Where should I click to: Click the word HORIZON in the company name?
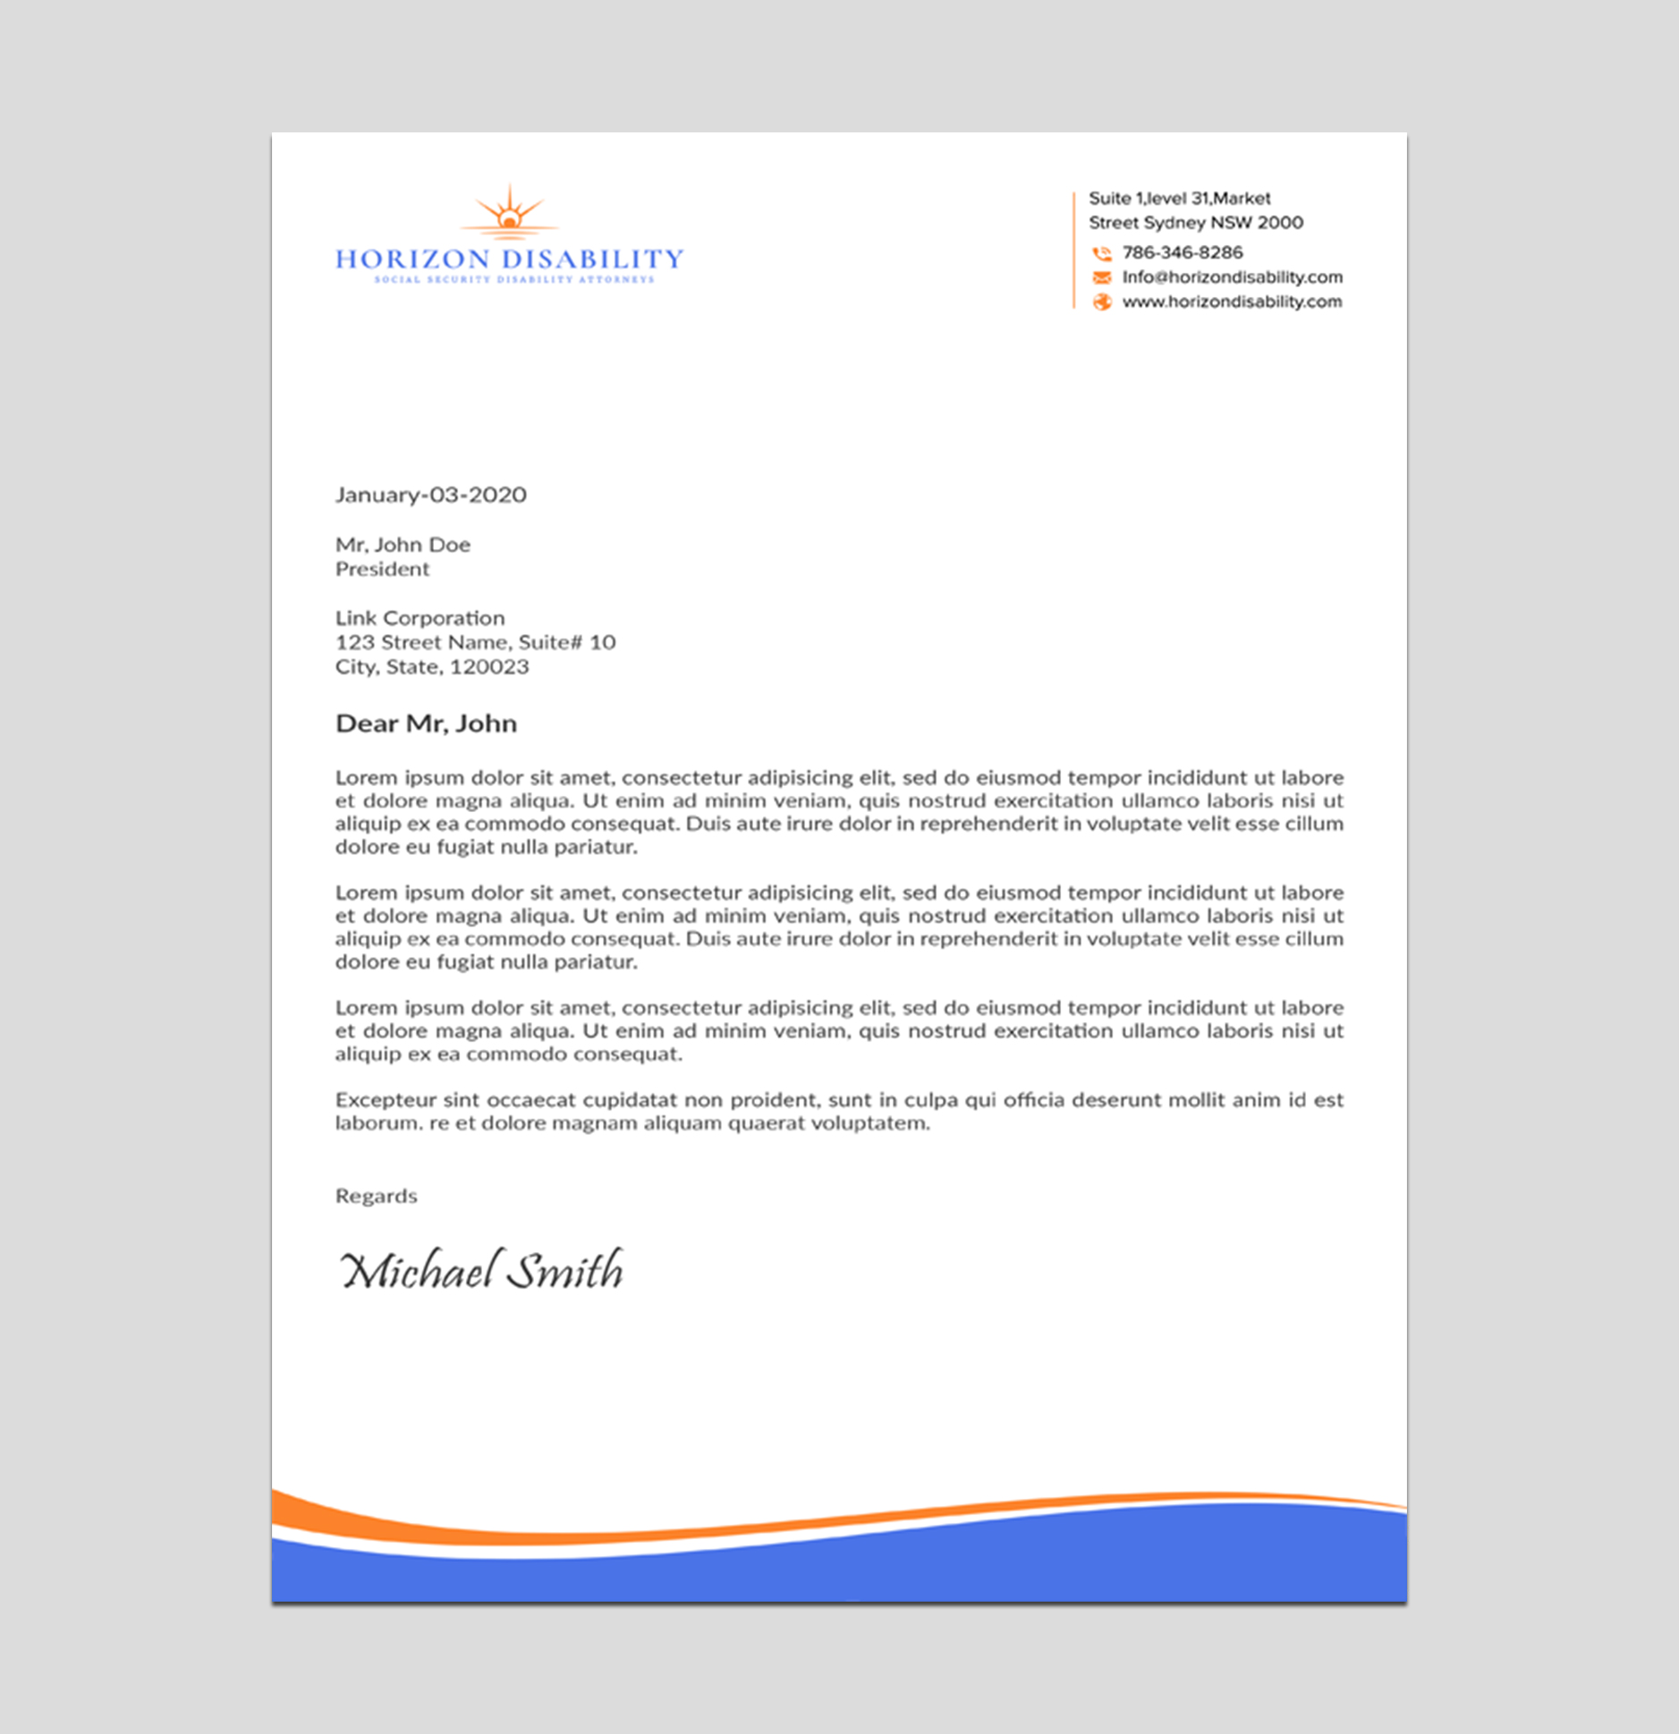(x=412, y=259)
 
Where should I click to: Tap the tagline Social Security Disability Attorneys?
(x=514, y=280)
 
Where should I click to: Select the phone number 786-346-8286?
(x=1183, y=253)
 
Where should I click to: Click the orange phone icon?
(x=1102, y=254)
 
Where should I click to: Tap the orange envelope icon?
(x=1102, y=278)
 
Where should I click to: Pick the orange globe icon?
(x=1102, y=302)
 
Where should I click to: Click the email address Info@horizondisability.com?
(x=1233, y=277)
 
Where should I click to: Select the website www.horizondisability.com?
(x=1232, y=302)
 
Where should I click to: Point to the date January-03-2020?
(x=430, y=495)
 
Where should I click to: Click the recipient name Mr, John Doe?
(x=403, y=545)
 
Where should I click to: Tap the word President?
(x=382, y=570)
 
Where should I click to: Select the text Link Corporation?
(x=420, y=618)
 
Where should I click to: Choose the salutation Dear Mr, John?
(x=426, y=723)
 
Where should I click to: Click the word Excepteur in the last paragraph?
(x=385, y=1100)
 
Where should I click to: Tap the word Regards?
(x=376, y=1197)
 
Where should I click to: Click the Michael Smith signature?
(x=481, y=1270)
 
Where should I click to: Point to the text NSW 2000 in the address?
(x=1257, y=223)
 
